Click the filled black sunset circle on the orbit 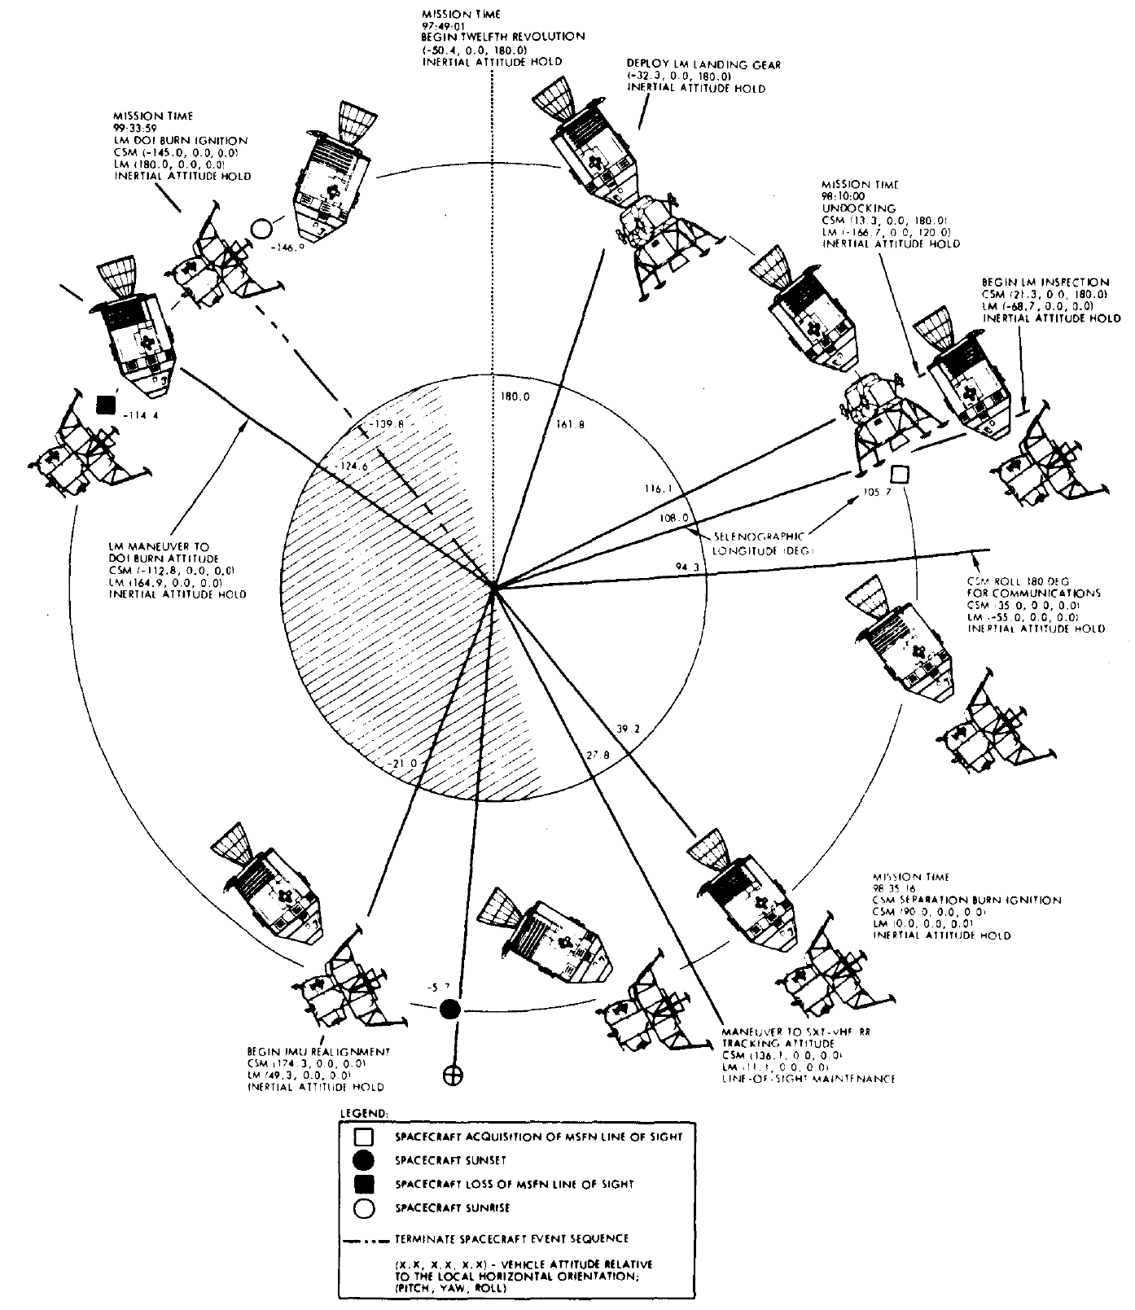pyautogui.click(x=450, y=1010)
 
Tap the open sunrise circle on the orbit pyautogui.click(x=261, y=229)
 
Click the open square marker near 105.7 pyautogui.click(x=900, y=474)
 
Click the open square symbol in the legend pyautogui.click(x=365, y=1137)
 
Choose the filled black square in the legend pyautogui.click(x=365, y=1184)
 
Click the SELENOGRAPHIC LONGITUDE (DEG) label pyautogui.click(x=759, y=543)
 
